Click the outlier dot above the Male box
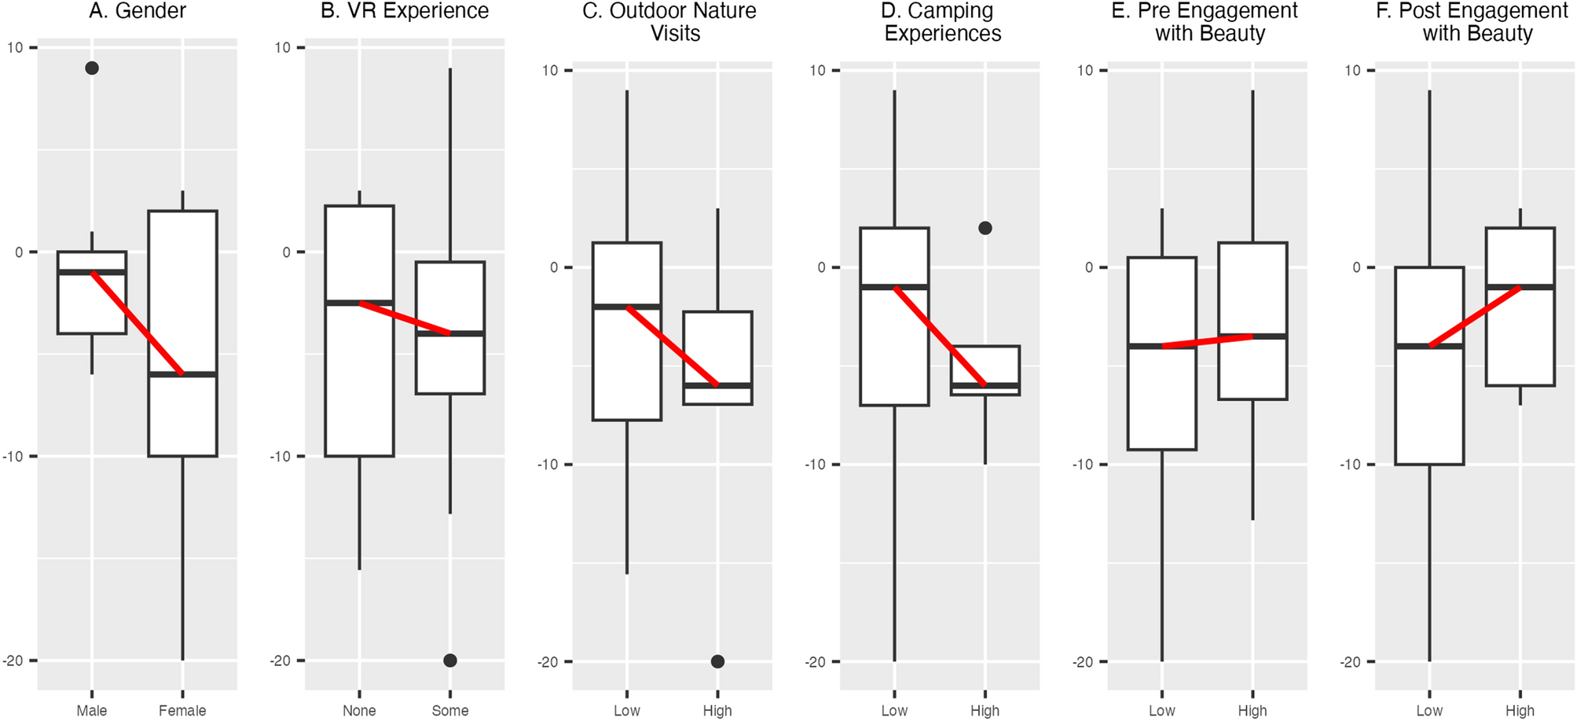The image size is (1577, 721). (x=92, y=68)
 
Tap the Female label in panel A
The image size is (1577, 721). (x=182, y=711)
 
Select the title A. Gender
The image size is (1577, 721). (x=138, y=11)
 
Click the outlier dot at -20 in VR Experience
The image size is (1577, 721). (x=450, y=660)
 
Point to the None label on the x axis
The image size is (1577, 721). (x=359, y=711)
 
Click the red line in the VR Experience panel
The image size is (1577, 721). (x=405, y=318)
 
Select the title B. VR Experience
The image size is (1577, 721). (x=405, y=11)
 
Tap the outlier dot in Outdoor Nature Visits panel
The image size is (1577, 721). (x=717, y=661)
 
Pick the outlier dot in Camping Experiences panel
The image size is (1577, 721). (x=985, y=228)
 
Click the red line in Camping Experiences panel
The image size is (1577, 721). (x=940, y=337)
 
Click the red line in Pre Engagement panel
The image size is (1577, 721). (x=1208, y=341)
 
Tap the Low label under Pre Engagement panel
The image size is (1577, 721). (x=1161, y=711)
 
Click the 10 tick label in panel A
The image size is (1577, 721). (x=15, y=48)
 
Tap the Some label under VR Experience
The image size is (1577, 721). (x=450, y=711)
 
